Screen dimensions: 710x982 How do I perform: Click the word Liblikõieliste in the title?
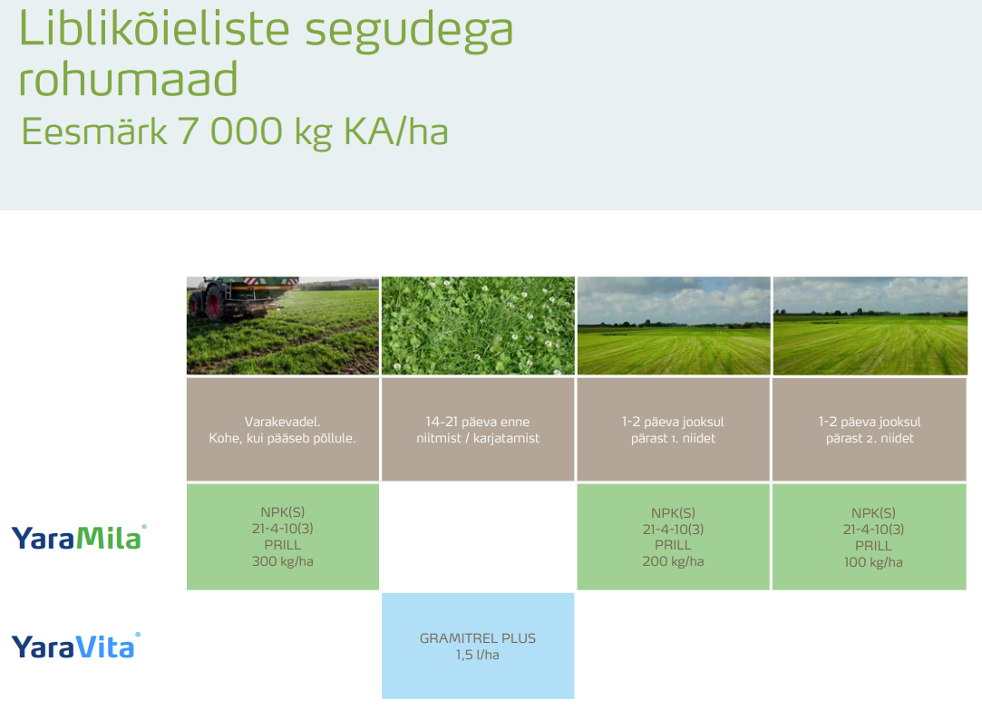click(x=154, y=29)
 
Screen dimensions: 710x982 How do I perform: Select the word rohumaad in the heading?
click(x=128, y=80)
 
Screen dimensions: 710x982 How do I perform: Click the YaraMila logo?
click(x=78, y=538)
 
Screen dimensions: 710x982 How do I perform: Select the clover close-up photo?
click(x=478, y=326)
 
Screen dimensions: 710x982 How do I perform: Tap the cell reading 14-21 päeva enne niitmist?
click(x=478, y=430)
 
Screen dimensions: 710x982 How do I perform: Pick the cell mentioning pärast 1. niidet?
click(x=673, y=438)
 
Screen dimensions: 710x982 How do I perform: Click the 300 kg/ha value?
click(x=282, y=562)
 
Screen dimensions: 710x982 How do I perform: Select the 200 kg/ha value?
click(x=673, y=562)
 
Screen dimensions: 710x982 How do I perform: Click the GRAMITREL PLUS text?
click(x=478, y=637)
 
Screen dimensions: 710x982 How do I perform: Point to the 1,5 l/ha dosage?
click(x=478, y=655)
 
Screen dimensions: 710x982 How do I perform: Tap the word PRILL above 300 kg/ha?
click(x=282, y=545)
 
